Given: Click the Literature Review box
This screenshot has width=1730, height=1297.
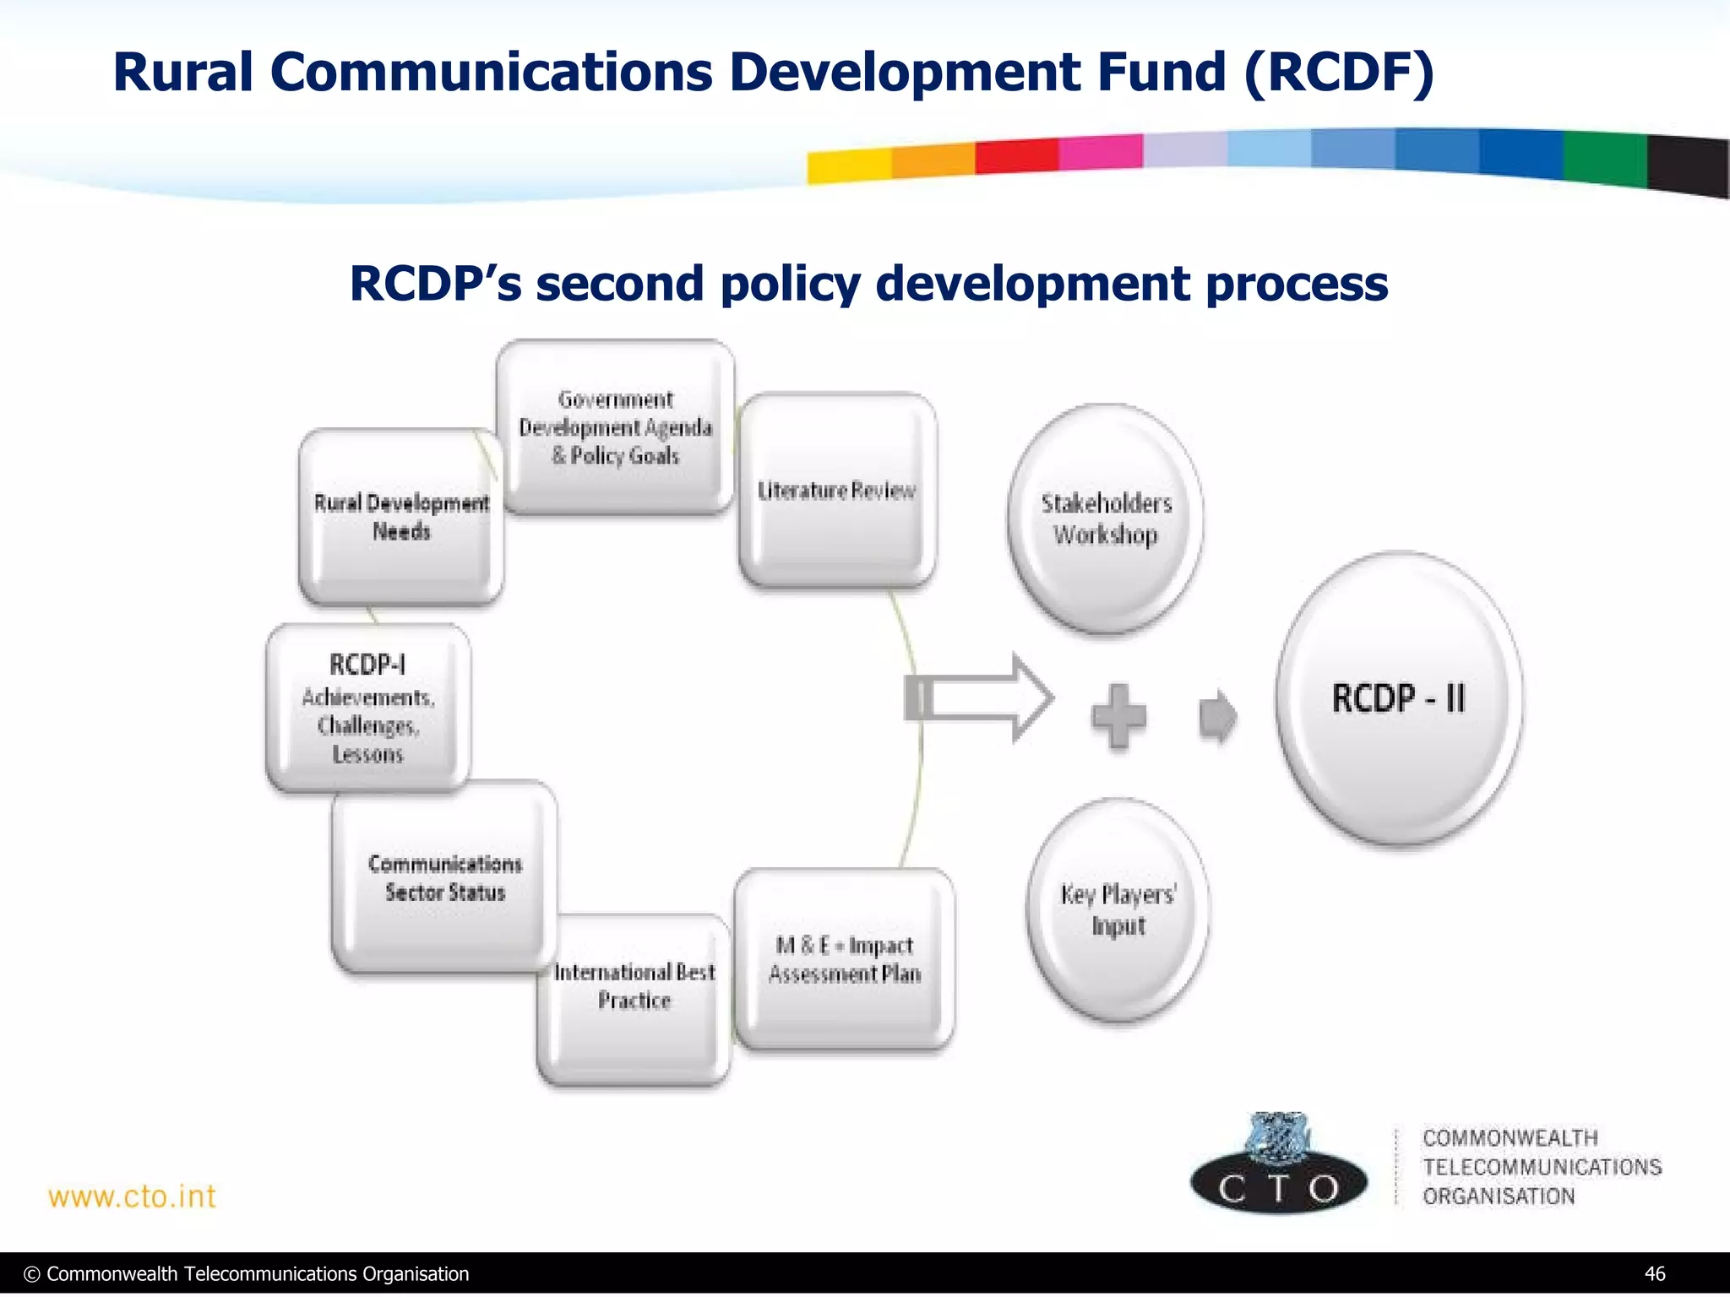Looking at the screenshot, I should (836, 490).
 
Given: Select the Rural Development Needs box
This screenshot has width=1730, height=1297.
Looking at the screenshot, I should (401, 517).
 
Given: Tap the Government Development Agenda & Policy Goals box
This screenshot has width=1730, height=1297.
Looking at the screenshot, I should (615, 427).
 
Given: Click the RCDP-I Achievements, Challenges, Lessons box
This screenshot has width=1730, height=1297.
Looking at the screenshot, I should (368, 708).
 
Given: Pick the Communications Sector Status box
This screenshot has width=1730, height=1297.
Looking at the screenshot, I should (444, 877).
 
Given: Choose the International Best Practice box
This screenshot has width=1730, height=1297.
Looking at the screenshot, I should (634, 996).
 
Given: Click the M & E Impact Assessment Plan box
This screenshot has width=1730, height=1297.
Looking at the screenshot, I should (844, 959).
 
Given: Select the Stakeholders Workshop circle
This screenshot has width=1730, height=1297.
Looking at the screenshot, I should (1105, 518).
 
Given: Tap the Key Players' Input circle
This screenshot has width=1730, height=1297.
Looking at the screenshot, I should (1118, 909).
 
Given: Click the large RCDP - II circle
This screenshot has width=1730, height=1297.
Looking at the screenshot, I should (1398, 698).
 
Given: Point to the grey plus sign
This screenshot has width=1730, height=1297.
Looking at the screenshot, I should (1118, 716).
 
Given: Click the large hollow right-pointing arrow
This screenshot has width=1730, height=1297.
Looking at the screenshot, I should (980, 698).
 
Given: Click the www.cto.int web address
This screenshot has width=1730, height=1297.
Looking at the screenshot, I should (133, 1197).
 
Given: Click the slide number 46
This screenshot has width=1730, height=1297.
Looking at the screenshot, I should (1654, 1273).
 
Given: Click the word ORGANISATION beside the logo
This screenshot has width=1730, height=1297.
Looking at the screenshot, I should (1499, 1196).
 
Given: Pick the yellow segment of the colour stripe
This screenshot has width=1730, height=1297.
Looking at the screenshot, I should (848, 166).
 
